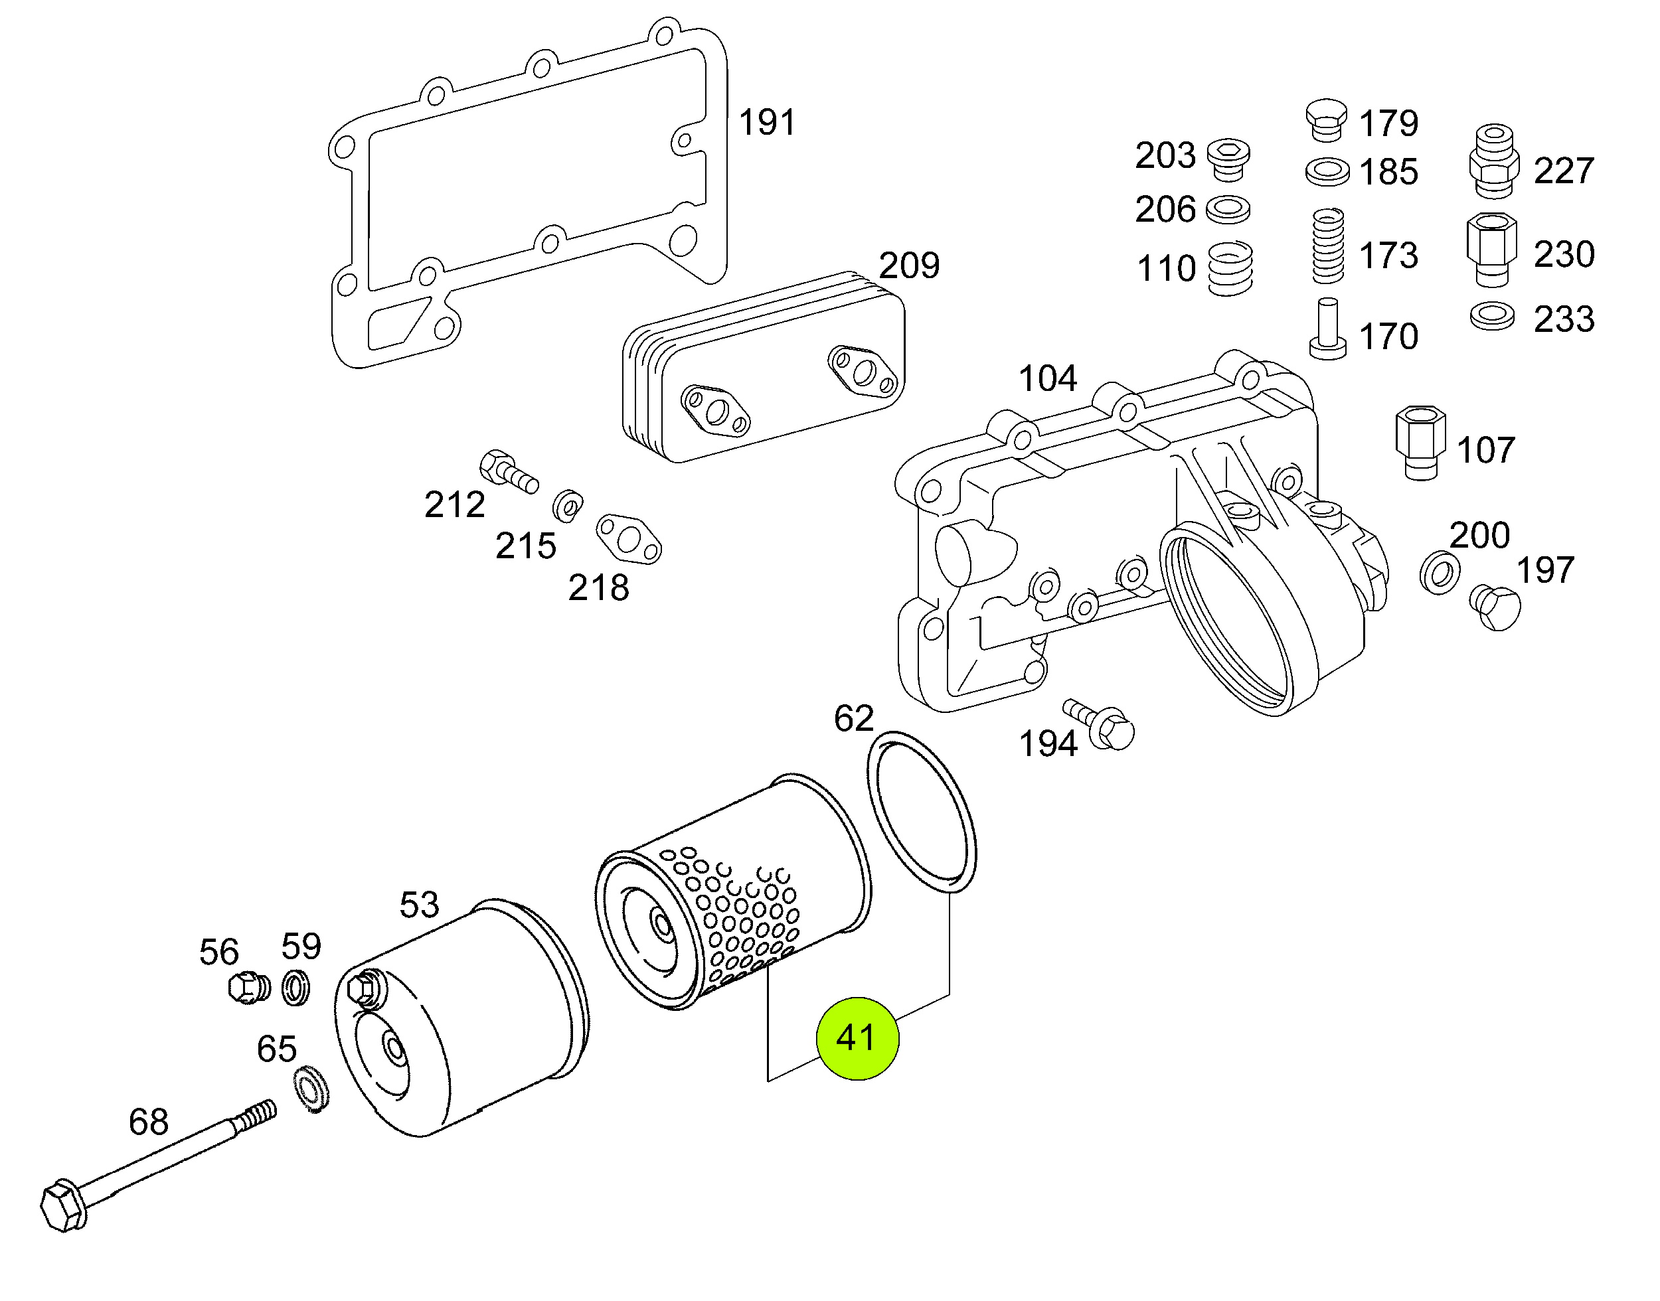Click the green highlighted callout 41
coord(857,1038)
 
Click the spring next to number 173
coord(1328,246)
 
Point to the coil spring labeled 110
coord(1230,268)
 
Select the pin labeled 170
coord(1328,329)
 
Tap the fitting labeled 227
coord(1493,161)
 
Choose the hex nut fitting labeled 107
coord(1421,442)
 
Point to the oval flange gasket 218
coord(629,539)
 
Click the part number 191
coord(767,122)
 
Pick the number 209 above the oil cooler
coord(909,265)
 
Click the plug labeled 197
coord(1495,607)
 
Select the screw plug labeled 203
coord(1228,159)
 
